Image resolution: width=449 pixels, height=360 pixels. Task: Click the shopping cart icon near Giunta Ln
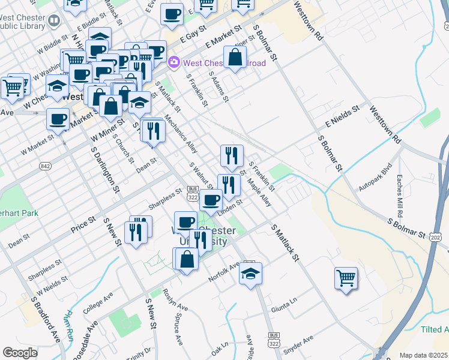[x=346, y=278]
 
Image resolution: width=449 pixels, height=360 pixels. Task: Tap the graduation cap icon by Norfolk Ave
[x=250, y=275]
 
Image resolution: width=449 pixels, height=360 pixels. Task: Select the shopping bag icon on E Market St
[x=235, y=58]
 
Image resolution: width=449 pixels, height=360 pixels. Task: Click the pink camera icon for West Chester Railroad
[x=174, y=62]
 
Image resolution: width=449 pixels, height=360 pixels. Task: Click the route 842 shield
[x=45, y=165]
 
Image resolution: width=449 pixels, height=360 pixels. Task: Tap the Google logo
[x=20, y=353]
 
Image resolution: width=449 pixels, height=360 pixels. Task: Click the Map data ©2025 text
[x=423, y=355]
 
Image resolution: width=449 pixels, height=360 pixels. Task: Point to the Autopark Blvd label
[x=382, y=178]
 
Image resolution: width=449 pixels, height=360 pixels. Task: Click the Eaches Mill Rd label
[x=399, y=196]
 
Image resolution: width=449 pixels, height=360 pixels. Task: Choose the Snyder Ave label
[x=298, y=345]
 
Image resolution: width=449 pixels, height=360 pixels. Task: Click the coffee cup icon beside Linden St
[x=211, y=200]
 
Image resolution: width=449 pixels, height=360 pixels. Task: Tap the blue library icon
[x=53, y=22]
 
